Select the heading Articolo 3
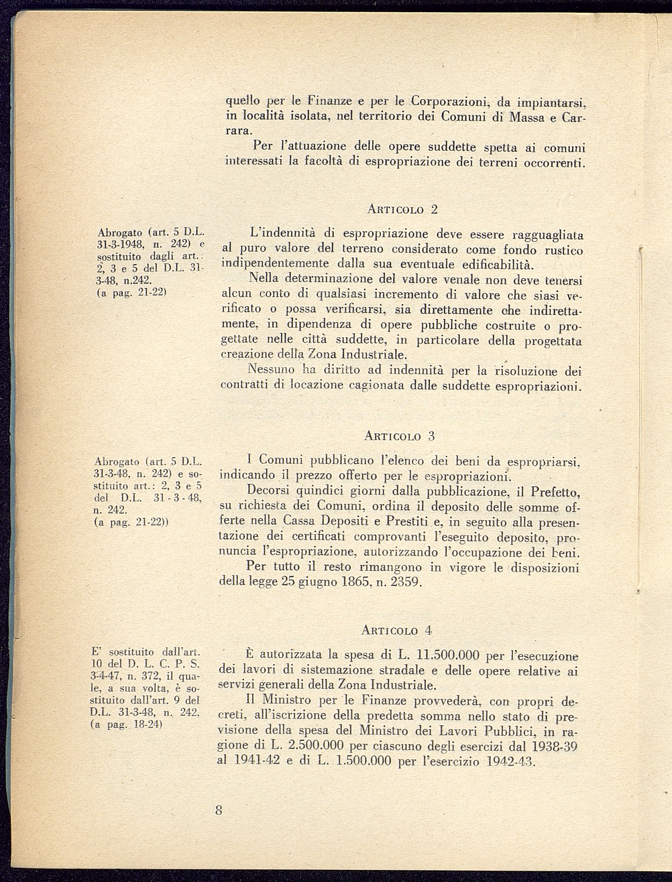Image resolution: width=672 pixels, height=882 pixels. [399, 436]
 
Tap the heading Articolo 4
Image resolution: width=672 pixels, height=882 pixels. [396, 630]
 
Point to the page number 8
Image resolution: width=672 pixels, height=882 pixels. [219, 810]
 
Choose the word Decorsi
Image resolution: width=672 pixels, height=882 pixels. [269, 491]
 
